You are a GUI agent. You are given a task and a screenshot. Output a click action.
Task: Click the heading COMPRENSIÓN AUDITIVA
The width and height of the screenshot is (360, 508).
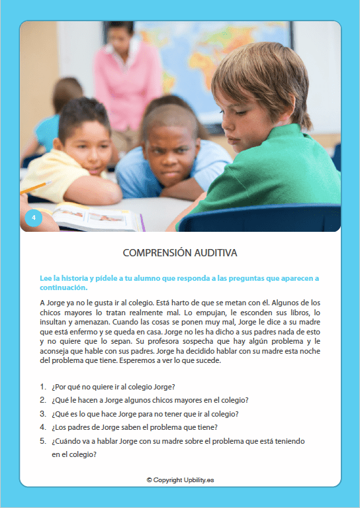pyautogui.click(x=180, y=253)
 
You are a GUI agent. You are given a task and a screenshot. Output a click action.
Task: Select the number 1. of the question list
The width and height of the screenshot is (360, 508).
pyautogui.click(x=43, y=386)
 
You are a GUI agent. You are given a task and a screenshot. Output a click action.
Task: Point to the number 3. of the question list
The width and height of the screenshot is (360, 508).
pyautogui.click(x=43, y=413)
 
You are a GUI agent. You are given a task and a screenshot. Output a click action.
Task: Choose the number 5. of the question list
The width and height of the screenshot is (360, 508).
pyautogui.click(x=43, y=440)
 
